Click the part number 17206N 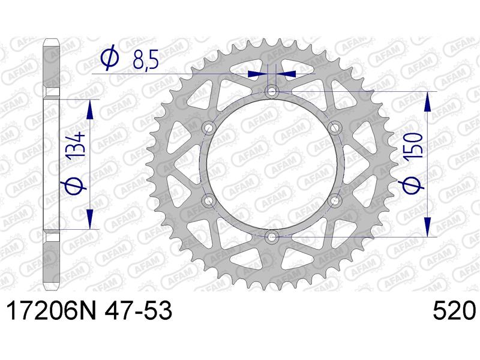point(51,310)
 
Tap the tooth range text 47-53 point(138,310)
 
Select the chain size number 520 point(454,310)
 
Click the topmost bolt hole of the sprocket point(272,91)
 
